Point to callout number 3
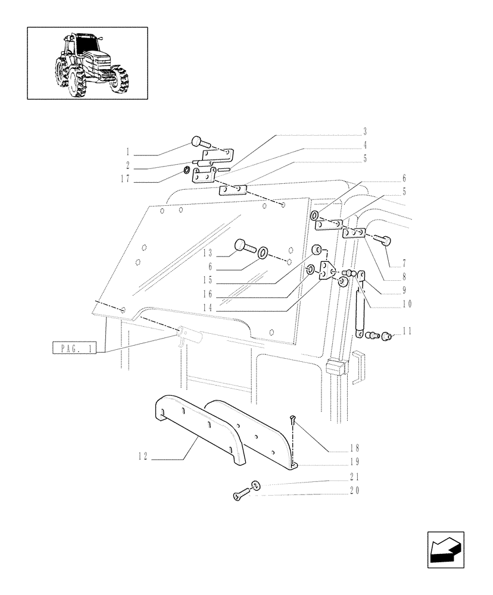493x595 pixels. (365, 131)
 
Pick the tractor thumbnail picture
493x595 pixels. (87, 62)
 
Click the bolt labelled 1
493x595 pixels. (201, 143)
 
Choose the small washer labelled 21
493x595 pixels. (255, 485)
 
